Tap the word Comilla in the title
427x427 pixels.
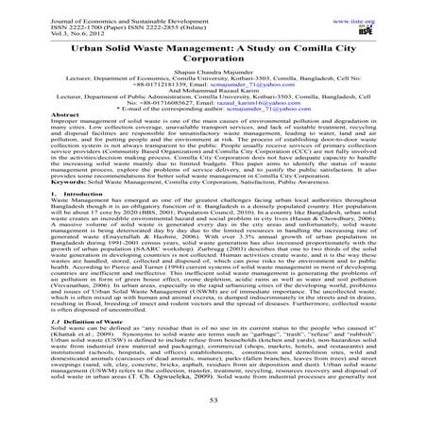click(298, 45)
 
